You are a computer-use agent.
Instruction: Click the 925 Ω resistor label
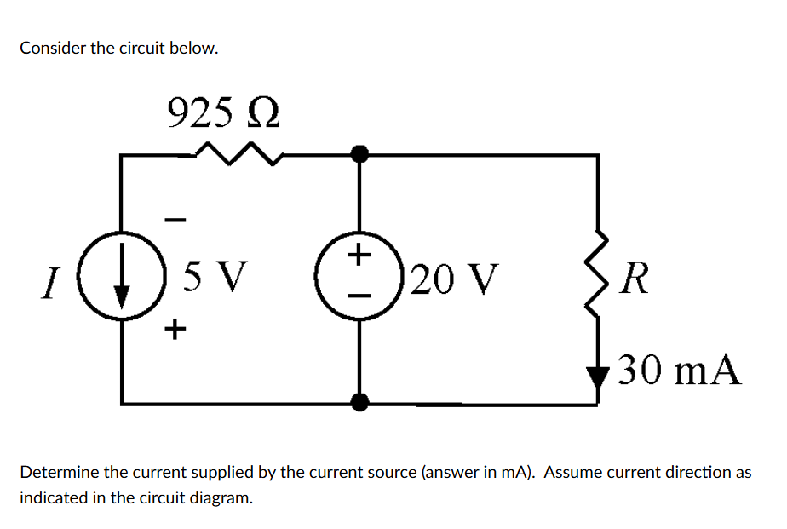[223, 112]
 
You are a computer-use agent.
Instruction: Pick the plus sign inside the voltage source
[359, 253]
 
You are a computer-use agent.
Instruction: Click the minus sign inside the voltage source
[359, 296]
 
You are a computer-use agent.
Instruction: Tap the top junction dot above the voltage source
[359, 153]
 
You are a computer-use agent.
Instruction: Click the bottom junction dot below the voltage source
[359, 401]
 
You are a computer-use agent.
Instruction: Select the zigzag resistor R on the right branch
[596, 273]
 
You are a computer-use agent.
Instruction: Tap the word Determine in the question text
[57, 472]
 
